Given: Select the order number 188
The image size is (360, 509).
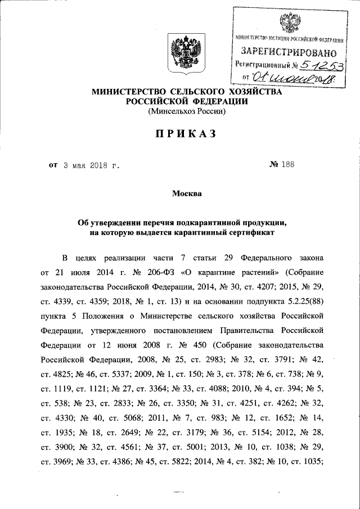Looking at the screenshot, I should point(287,165).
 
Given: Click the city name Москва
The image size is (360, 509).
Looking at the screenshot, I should point(186,194).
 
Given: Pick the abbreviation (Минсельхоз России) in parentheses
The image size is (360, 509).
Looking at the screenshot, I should point(186,111).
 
